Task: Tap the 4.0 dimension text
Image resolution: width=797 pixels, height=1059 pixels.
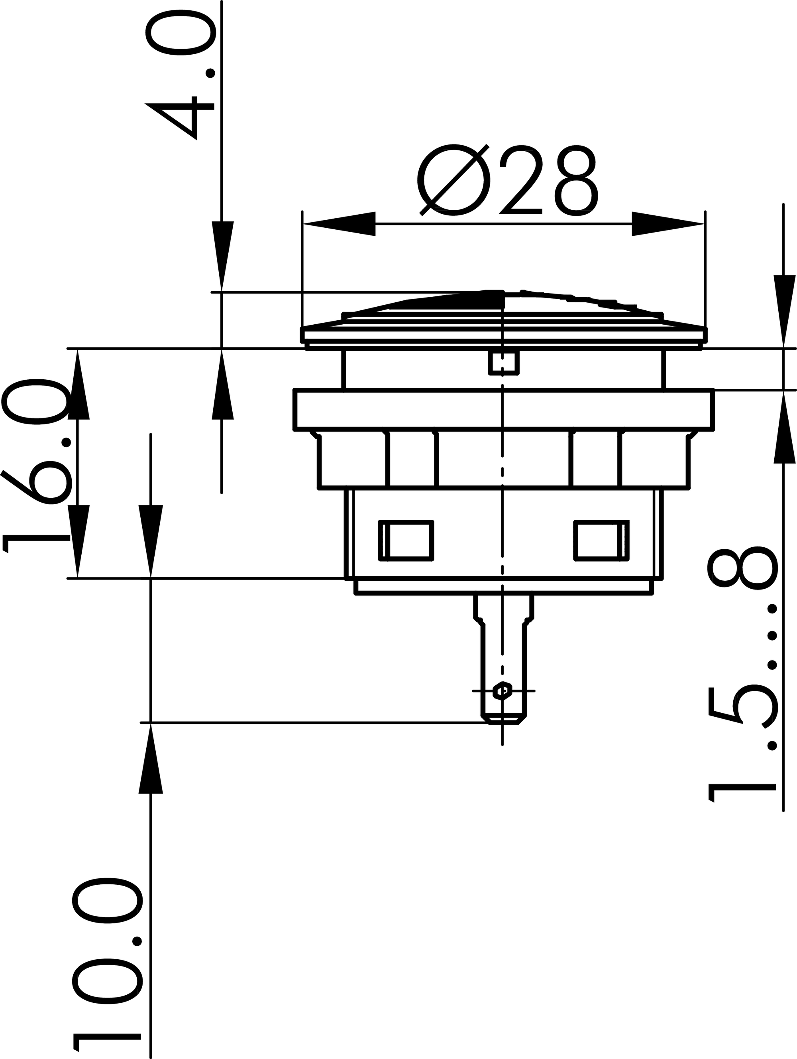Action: [181, 77]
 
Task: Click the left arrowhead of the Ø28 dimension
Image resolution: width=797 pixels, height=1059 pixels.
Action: [340, 224]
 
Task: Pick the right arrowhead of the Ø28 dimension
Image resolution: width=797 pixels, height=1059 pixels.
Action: [667, 224]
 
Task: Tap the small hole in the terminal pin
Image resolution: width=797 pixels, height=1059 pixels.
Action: [503, 691]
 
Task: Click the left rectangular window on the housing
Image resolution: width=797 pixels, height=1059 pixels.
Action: [406, 540]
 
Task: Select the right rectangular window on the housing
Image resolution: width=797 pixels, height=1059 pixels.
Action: [601, 540]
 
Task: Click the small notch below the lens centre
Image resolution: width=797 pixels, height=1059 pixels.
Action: [503, 363]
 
